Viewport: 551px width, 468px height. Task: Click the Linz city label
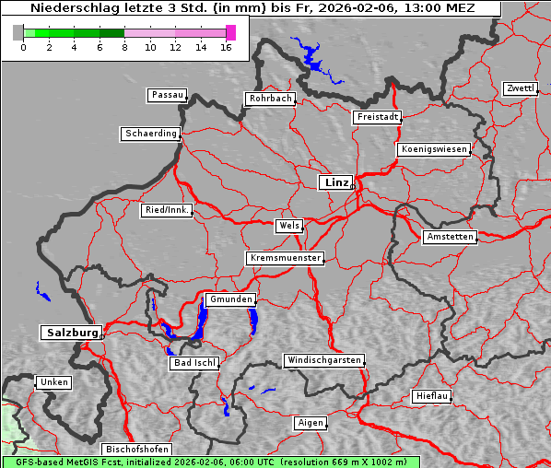[335, 182]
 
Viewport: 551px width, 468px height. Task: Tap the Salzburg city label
[70, 333]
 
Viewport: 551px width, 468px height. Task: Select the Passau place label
[167, 95]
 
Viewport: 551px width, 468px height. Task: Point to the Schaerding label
[150, 134]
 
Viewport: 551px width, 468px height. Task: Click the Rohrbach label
[269, 99]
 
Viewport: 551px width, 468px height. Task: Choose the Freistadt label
[377, 117]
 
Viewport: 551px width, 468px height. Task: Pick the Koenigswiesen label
[434, 149]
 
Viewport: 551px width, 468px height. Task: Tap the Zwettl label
[520, 88]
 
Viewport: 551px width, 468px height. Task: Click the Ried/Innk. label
[167, 210]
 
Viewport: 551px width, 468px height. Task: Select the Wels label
[288, 226]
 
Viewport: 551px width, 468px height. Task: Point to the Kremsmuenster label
[285, 258]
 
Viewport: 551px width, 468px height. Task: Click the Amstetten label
[450, 237]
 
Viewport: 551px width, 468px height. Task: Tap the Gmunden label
[229, 299]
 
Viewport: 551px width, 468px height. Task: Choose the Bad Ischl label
[194, 363]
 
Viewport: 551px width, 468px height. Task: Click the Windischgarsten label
[322, 360]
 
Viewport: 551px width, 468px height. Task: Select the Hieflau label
[432, 396]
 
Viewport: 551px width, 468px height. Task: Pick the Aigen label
[311, 423]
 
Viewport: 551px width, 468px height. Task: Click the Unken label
[53, 381]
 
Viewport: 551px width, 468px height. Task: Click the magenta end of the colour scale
[230, 32]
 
